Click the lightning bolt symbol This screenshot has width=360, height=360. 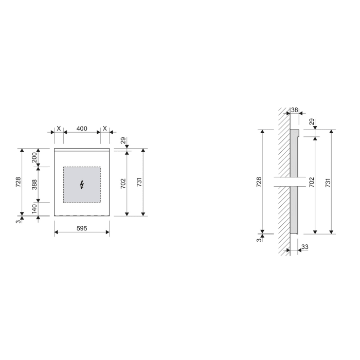(x=82, y=185)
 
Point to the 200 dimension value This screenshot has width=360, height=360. (x=34, y=157)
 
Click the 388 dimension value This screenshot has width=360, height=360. (x=34, y=184)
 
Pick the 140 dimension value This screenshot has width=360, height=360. (x=34, y=209)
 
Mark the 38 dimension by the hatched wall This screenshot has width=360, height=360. (x=295, y=110)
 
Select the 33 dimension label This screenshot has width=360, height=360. (x=305, y=247)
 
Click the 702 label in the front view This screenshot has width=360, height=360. (x=123, y=183)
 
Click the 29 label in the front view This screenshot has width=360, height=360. (x=123, y=140)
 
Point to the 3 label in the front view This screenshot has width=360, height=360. (x=18, y=220)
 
